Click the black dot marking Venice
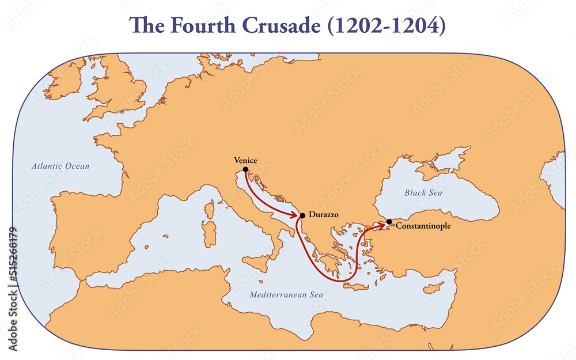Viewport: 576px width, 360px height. (x=246, y=169)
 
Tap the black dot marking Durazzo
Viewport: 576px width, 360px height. (x=302, y=215)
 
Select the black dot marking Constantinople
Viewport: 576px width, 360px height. (x=389, y=222)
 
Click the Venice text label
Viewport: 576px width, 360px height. (x=245, y=160)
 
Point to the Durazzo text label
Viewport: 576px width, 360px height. (x=324, y=214)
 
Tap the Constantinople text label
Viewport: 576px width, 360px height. (x=423, y=226)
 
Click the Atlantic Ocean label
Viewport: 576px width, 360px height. (x=60, y=166)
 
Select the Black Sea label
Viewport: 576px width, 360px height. (x=423, y=192)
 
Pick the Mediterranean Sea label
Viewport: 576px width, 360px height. (x=286, y=294)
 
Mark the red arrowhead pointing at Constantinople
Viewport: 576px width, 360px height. (x=382, y=223)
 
